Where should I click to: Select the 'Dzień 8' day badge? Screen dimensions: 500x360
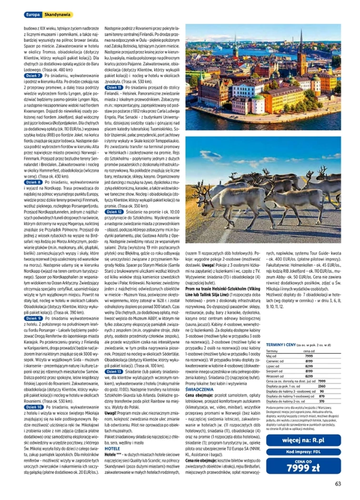[32, 182]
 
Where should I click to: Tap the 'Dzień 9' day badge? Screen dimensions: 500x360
[32, 317]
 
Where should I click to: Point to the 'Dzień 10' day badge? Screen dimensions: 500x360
[33, 407]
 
